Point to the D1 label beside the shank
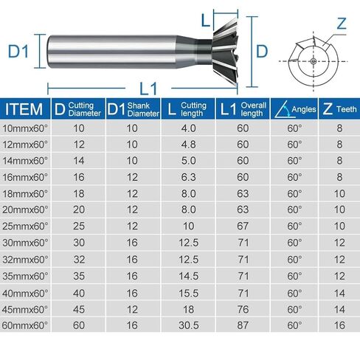pyautogui.click(x=17, y=52)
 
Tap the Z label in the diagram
pyautogui.click(x=340, y=23)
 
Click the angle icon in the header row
pyautogui.click(x=280, y=110)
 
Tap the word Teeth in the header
pyautogui.click(x=346, y=110)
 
